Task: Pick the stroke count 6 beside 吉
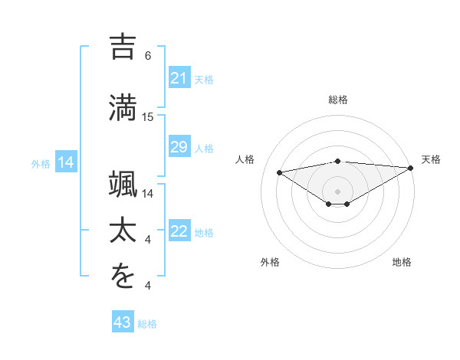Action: [x=148, y=56]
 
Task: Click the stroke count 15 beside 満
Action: [x=148, y=117]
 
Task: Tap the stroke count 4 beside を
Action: [x=148, y=286]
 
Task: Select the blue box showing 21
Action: [x=179, y=78]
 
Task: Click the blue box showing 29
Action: [x=179, y=147]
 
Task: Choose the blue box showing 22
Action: [x=179, y=231]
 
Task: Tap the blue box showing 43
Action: [x=122, y=323]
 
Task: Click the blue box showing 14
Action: [x=66, y=162]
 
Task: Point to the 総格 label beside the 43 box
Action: [x=147, y=324]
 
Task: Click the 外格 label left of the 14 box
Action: [x=41, y=163]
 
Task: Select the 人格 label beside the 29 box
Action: [x=204, y=148]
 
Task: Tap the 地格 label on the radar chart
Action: [x=402, y=262]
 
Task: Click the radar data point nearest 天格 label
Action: [x=411, y=169]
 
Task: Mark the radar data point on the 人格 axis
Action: [x=280, y=172]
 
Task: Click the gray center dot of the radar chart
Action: [x=338, y=190]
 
